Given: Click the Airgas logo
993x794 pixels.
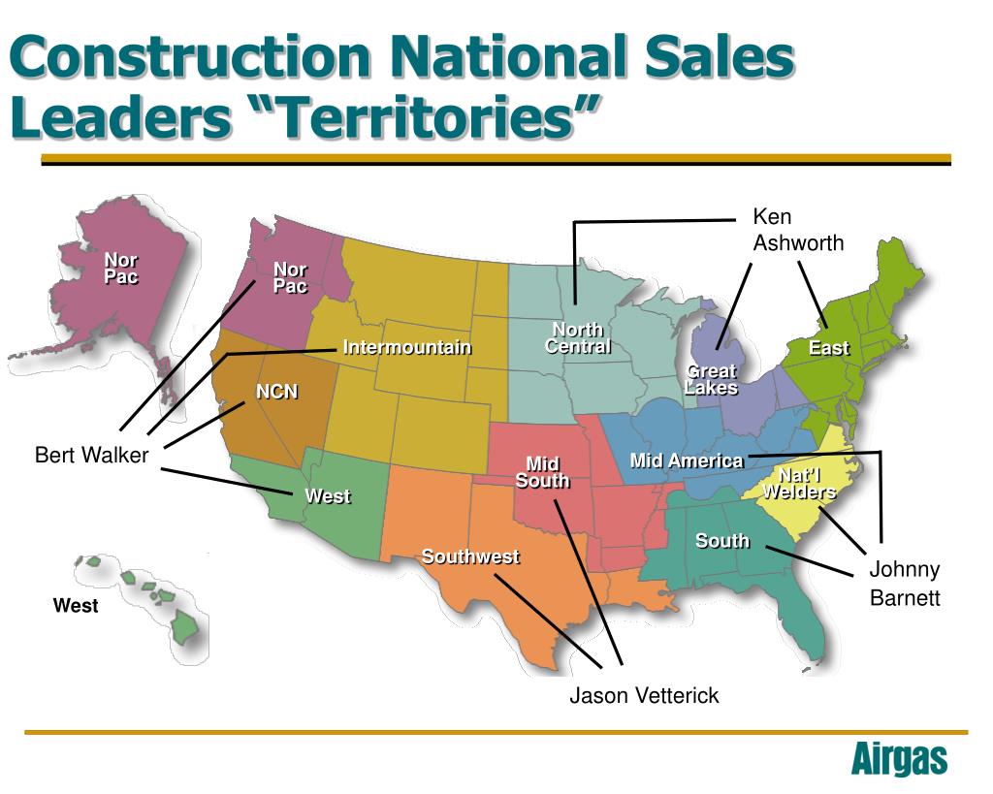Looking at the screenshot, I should point(898,759).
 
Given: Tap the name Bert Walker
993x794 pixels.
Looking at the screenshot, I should point(91,455).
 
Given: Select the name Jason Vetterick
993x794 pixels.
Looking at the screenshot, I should point(644,695).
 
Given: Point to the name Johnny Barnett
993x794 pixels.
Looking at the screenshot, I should point(904,583).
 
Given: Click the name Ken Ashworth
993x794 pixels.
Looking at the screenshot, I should point(798,230).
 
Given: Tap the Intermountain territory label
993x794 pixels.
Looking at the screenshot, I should point(407,347).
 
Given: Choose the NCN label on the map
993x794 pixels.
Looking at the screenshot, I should point(276,392).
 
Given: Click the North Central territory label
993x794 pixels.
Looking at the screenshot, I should point(578,338).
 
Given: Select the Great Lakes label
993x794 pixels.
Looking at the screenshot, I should point(711,379).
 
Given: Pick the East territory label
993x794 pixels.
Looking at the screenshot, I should point(829,348).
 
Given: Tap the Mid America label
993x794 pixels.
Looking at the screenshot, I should point(687,461).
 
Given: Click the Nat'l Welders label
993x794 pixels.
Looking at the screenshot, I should point(798,483).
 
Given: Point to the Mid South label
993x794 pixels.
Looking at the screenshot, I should point(542,472).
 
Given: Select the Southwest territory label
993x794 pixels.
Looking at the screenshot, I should point(470,556).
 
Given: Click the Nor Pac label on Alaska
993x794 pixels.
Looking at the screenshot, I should point(121,269).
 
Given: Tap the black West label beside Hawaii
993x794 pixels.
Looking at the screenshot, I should point(76,606).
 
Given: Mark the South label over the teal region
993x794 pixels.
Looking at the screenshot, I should point(722,540).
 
